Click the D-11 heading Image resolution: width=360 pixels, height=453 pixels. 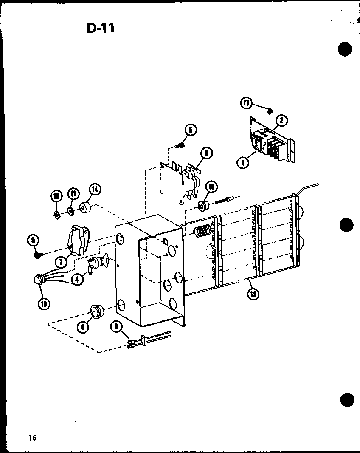point(100,28)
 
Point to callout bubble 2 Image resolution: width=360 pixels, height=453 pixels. point(281,121)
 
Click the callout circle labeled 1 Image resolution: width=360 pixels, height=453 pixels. point(244,162)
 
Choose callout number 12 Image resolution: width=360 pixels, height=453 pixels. point(254,294)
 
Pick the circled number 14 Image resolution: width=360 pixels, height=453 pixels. point(94,190)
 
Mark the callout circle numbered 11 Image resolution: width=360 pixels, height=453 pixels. point(73,195)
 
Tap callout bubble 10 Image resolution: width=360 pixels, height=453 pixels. point(56,196)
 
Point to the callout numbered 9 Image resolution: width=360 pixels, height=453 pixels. point(115,327)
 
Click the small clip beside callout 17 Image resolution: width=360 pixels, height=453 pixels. point(269,111)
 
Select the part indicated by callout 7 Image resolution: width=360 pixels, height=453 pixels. point(78,240)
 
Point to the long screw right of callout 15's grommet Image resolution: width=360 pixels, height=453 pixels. point(225,200)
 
